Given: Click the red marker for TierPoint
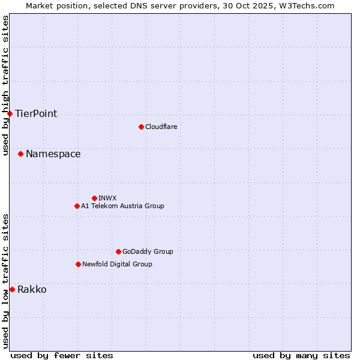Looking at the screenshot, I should click(10, 113).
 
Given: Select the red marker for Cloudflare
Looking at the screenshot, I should click(141, 127).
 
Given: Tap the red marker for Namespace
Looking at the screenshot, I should click(20, 154).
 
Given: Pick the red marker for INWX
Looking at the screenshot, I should click(94, 198).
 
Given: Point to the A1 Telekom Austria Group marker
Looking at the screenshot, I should click(77, 206).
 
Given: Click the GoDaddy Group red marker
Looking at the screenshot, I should click(118, 251).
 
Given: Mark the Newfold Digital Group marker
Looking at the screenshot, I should click(78, 264).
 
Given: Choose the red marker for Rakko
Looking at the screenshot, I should click(12, 290).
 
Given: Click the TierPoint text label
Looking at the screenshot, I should click(36, 114).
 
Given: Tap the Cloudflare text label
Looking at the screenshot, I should click(161, 127).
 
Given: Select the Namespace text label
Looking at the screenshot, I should click(53, 154).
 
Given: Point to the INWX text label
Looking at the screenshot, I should click(107, 198).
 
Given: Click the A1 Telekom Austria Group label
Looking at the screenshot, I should click(122, 206).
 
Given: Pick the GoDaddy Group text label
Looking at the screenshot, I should click(148, 251).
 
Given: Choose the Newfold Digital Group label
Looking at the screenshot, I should click(117, 264).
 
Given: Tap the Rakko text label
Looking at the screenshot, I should click(32, 290).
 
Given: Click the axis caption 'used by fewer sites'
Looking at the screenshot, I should click(62, 355).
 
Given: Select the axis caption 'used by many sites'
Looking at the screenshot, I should click(301, 355).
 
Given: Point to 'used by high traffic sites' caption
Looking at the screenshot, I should click(5, 85).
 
